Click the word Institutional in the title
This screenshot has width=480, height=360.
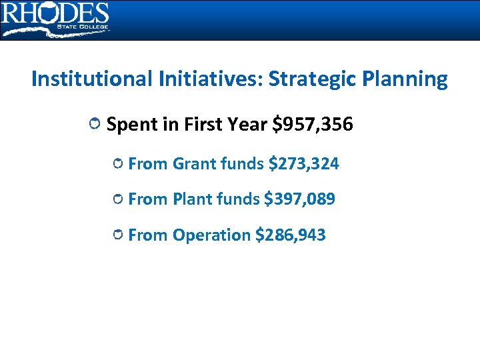tap(91, 79)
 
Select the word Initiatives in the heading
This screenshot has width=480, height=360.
tap(209, 79)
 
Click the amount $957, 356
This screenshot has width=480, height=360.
tap(313, 125)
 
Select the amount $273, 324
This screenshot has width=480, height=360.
tap(303, 163)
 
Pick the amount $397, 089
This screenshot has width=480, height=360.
tap(299, 199)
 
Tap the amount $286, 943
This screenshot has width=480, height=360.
tap(290, 235)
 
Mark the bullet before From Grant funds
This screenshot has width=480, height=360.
tap(118, 163)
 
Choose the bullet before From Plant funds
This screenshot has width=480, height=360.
tap(118, 199)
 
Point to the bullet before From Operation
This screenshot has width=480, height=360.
tap(118, 235)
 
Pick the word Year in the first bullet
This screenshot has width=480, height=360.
tap(247, 125)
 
